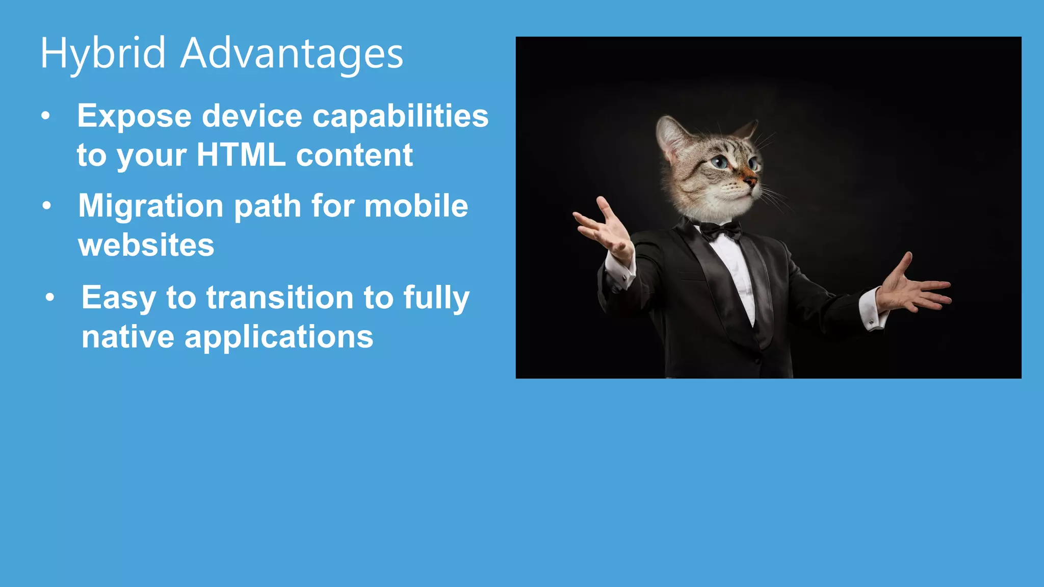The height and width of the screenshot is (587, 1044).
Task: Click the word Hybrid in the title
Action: coord(102,54)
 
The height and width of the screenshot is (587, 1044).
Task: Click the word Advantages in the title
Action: coord(292,54)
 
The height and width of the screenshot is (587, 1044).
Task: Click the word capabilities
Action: coord(400,116)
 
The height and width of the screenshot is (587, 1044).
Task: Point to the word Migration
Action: coord(150,206)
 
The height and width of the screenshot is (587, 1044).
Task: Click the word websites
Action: coord(146,245)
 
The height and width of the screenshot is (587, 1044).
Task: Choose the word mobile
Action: coord(416,206)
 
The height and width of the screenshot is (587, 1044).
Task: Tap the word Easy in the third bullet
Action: coord(118,298)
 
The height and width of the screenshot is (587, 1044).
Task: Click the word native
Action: coord(127,337)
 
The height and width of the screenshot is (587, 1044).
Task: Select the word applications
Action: coord(279,337)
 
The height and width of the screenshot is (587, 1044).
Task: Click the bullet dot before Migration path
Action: coord(47,206)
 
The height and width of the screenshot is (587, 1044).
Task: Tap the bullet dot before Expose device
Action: coord(46,116)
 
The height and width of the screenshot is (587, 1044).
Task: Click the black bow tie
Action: coord(721,230)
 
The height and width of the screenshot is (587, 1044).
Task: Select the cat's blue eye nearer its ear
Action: coord(720,163)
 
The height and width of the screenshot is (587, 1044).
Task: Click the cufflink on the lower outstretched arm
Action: coord(871,322)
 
